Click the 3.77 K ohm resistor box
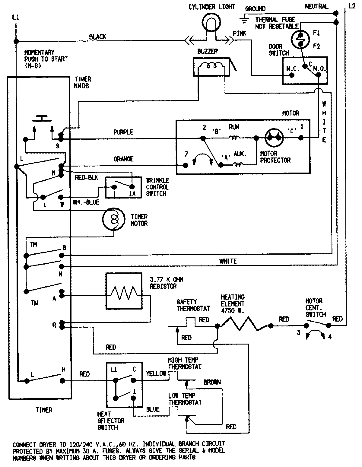pyautogui.click(x=124, y=291)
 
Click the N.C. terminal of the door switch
pyautogui.click(x=292, y=75)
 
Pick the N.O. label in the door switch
pyautogui.click(x=319, y=68)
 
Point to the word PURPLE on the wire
pyautogui.click(x=123, y=132)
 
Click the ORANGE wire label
pyautogui.click(x=123, y=159)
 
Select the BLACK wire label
pyautogui.click(x=97, y=37)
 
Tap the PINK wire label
pyautogui.click(x=240, y=33)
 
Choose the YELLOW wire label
pyautogui.click(x=156, y=374)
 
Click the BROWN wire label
pyautogui.click(x=212, y=382)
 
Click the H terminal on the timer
pyautogui.click(x=62, y=381)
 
